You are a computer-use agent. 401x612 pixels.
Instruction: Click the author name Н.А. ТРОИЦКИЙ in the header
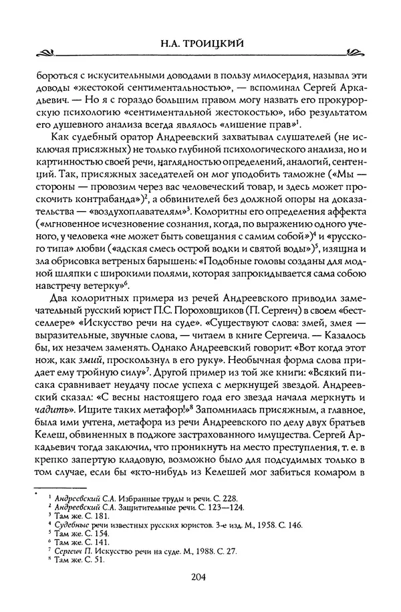coord(200,45)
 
